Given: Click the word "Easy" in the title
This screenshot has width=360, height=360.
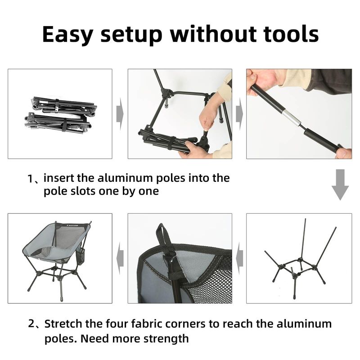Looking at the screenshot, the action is [68, 35].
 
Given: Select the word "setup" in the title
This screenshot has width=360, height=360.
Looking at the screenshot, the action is [131, 36].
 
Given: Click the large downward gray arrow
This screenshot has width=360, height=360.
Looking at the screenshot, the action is [340, 184].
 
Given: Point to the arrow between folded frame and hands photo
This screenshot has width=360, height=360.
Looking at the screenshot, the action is [120, 114].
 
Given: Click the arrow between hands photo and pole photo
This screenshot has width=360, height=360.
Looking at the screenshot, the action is [239, 114].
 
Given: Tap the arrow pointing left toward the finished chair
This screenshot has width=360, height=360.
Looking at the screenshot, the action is [120, 258].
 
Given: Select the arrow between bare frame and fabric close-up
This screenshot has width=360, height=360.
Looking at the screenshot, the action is [239, 258].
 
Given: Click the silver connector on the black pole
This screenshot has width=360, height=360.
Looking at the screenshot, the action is [291, 118].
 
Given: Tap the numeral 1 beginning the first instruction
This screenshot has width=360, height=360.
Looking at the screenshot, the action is [30, 179].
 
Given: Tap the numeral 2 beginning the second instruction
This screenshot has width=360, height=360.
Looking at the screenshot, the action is [31, 324].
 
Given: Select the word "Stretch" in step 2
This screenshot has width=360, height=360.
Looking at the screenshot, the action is [63, 324].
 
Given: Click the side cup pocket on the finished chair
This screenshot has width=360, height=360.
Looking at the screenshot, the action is [80, 257].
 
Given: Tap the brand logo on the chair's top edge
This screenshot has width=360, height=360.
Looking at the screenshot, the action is [72, 226].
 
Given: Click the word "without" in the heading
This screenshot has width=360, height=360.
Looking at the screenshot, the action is [213, 34].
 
